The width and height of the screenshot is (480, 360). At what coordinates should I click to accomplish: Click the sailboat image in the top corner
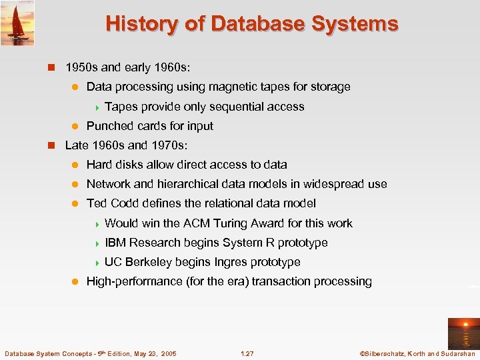(x=17, y=23)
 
